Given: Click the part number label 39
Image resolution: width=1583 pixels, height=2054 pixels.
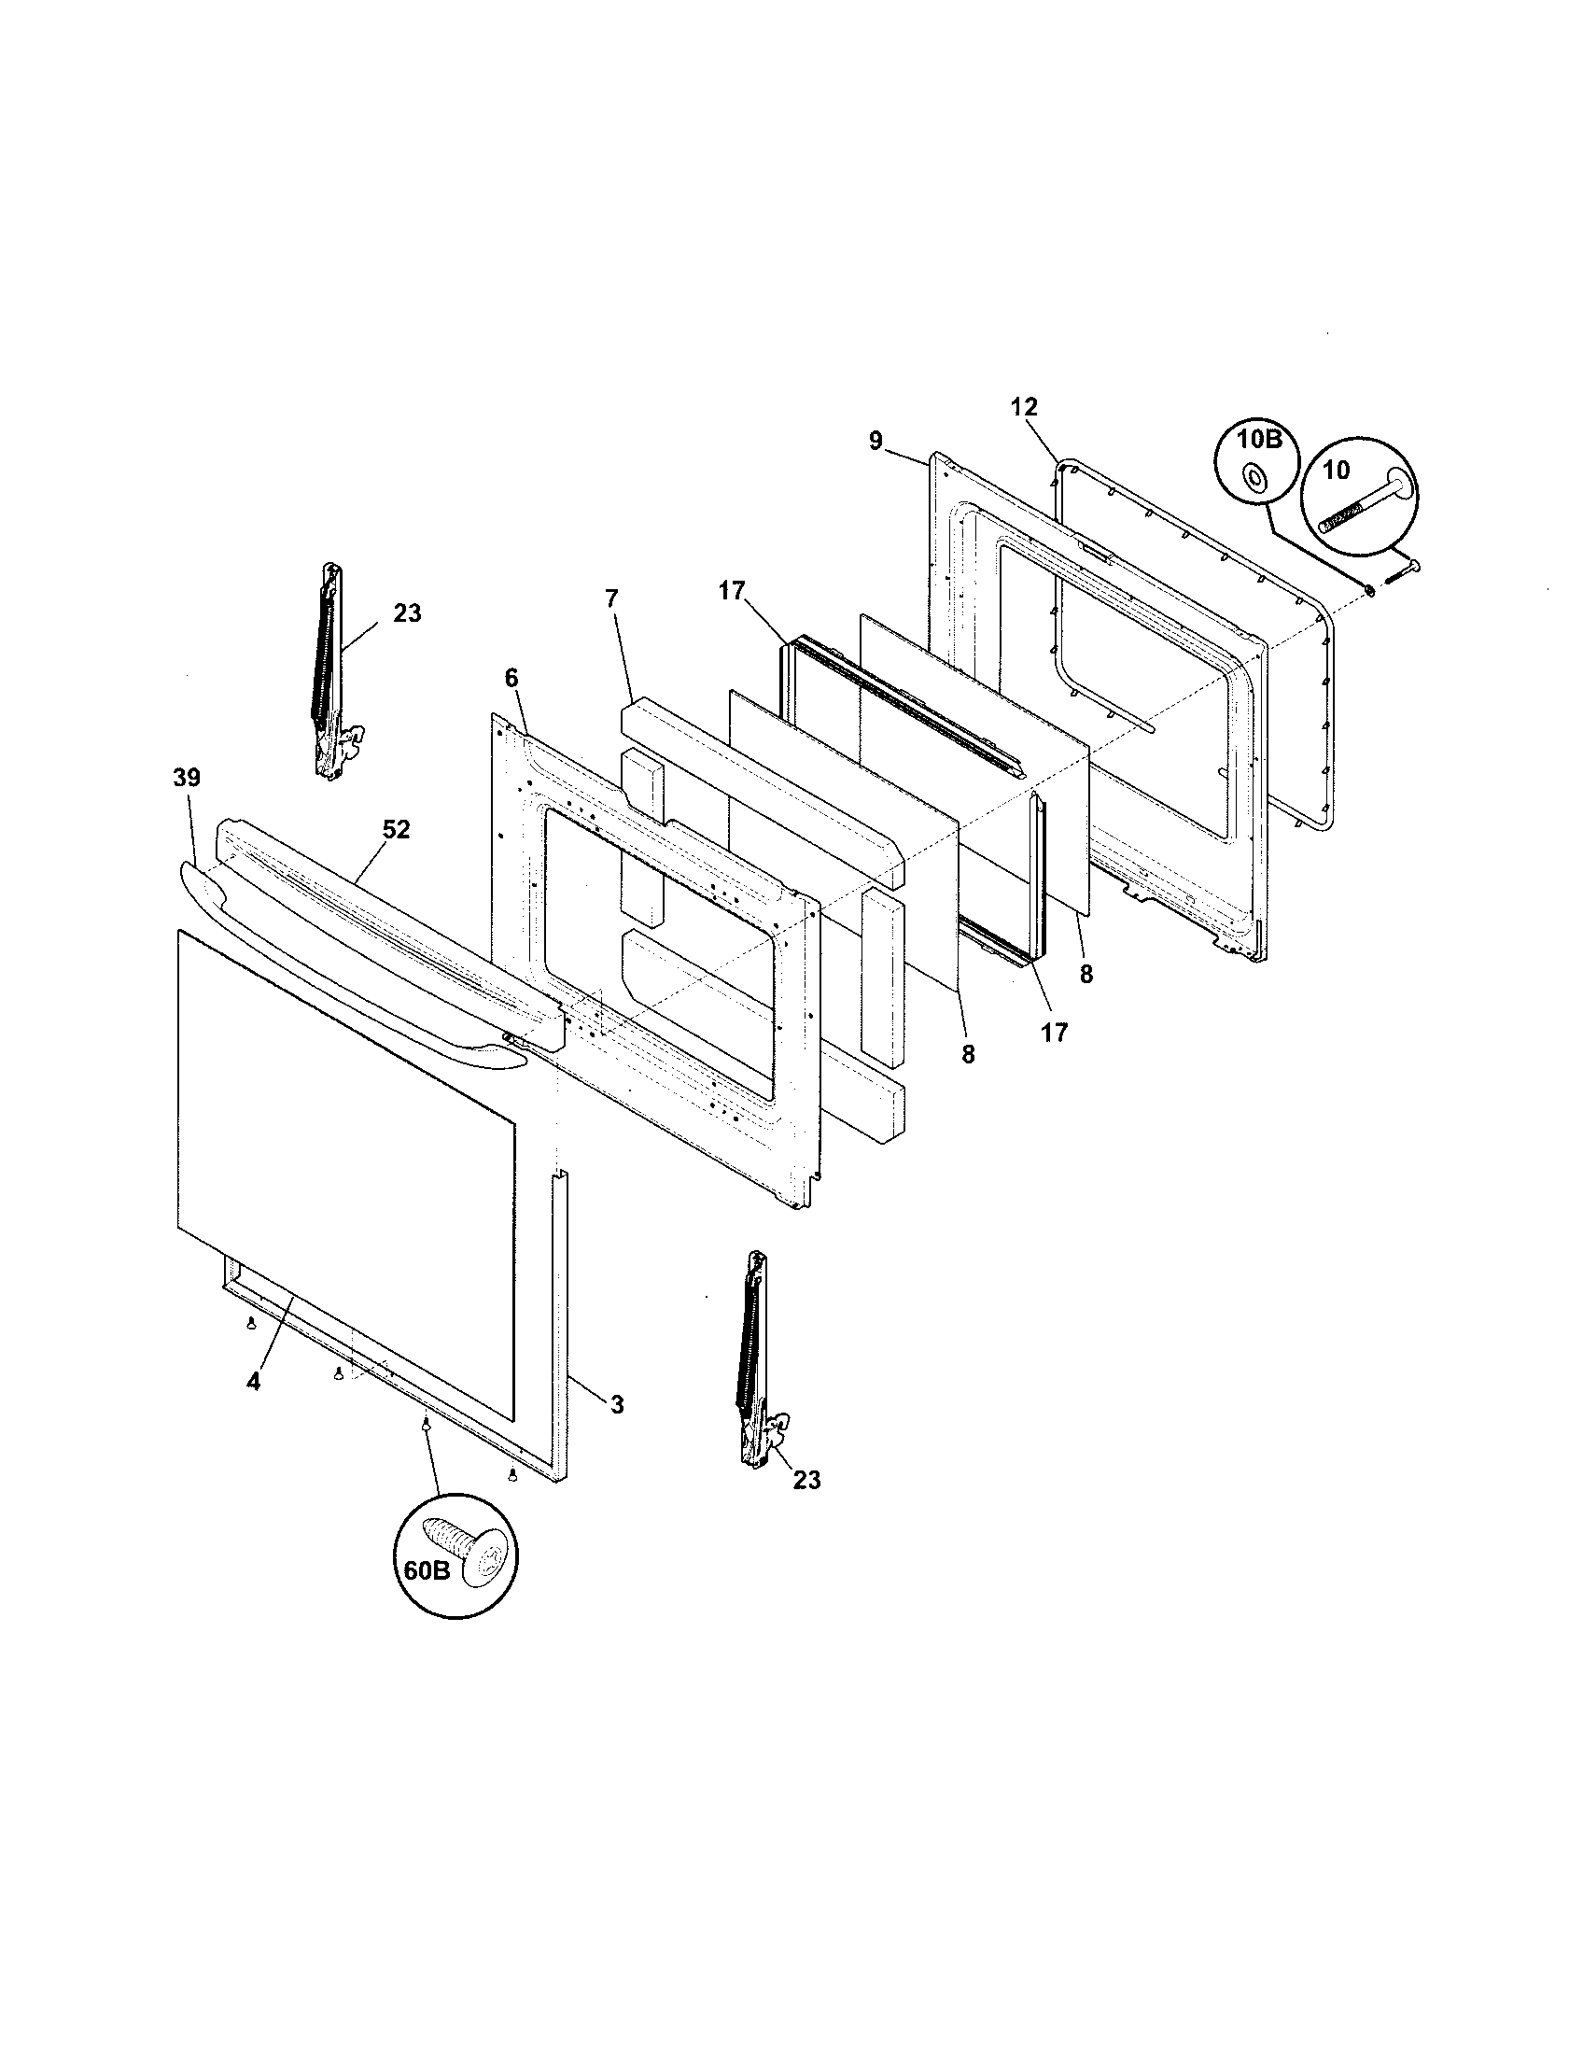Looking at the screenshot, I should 186,778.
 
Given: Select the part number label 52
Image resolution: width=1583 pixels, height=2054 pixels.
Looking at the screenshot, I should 396,829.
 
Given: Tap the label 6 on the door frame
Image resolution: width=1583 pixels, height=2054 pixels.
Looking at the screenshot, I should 511,677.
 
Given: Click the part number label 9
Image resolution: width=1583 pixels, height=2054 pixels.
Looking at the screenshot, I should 876,440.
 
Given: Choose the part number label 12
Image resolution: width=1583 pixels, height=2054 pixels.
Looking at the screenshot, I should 1024,406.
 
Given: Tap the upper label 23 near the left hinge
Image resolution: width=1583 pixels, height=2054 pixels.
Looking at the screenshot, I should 407,613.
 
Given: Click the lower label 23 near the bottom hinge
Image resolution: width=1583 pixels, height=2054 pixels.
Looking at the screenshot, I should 806,1481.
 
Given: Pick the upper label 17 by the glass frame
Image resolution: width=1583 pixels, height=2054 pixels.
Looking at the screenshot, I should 732,591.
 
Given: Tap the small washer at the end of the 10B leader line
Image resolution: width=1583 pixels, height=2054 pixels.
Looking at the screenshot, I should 1368,589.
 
